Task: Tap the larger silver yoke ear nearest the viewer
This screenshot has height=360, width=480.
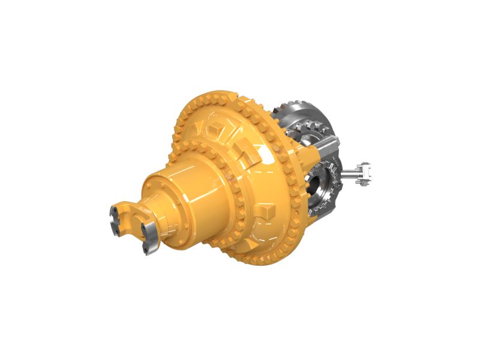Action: [x=149, y=236]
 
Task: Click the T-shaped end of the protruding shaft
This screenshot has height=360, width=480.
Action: [x=363, y=172]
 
